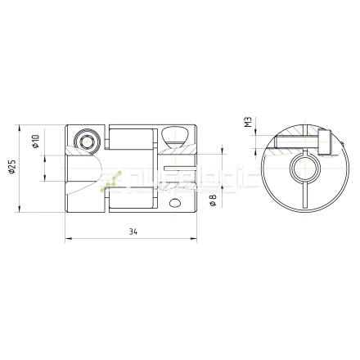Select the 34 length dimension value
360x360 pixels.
click(133, 232)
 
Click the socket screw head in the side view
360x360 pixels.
click(87, 142)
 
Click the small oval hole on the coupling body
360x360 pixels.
click(173, 200)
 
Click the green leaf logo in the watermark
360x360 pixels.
click(113, 181)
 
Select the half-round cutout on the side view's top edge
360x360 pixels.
click(175, 134)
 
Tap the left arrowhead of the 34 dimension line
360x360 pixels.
click(68, 240)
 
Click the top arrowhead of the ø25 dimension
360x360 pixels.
click(20, 128)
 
